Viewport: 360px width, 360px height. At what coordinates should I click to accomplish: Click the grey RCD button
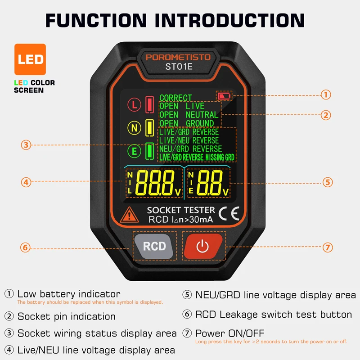pos(154,246)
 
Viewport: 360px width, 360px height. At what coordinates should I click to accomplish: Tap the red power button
pos(202,246)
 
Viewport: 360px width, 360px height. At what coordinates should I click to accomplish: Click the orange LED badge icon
pos(30,59)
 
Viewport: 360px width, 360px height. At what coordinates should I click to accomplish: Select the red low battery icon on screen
pos(224,96)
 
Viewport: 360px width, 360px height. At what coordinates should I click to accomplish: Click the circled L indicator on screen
pos(134,105)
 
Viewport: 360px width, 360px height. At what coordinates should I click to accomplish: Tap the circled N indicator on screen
pos(134,128)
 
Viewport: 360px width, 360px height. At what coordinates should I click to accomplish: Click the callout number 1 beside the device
pos(326,94)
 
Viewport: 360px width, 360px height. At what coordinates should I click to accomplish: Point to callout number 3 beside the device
pos(26,145)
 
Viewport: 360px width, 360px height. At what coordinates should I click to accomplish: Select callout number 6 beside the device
pos(26,247)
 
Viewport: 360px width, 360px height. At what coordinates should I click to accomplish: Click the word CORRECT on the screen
pos(175,98)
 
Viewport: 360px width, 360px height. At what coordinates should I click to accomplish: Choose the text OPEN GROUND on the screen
pos(186,123)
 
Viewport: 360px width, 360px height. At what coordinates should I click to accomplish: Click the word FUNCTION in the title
pos(96,20)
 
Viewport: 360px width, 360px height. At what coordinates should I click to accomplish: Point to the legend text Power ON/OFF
pos(229,333)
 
